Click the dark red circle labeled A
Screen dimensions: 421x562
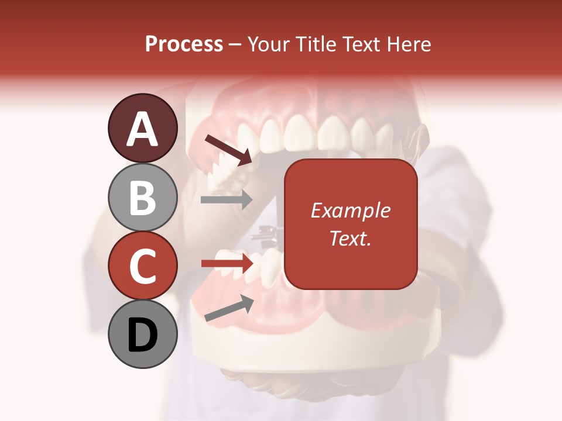142,128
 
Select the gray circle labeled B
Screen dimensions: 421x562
142,197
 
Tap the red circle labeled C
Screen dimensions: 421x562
142,265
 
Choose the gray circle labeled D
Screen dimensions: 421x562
142,334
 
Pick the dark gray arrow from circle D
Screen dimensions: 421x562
229,308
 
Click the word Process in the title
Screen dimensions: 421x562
184,44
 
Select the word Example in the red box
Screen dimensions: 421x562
350,210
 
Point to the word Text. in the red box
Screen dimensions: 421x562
350,238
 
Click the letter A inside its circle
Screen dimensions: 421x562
142,129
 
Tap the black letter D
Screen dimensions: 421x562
142,335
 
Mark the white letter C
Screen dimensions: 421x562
142,266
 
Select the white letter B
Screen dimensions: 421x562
142,198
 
